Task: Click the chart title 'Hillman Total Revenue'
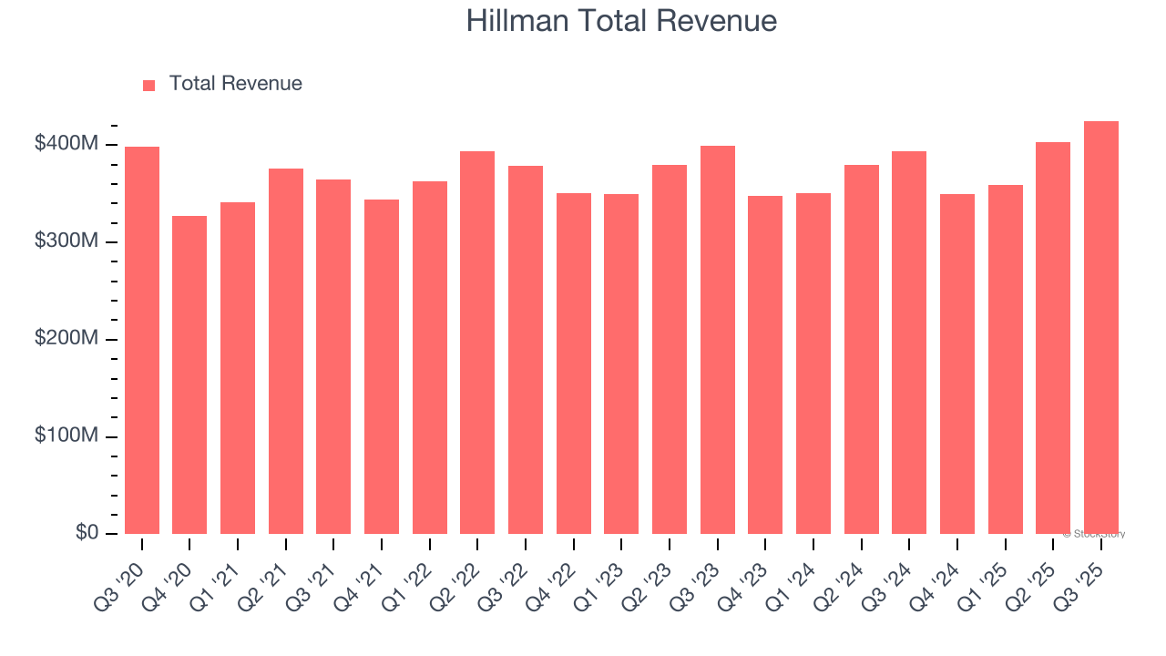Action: [x=621, y=21]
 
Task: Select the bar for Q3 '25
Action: [x=1100, y=328]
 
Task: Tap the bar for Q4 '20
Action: [x=189, y=374]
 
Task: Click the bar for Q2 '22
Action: [x=477, y=343]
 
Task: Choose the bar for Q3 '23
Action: [x=718, y=340]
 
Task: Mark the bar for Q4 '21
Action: [x=382, y=366]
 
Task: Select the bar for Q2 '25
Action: [x=1053, y=338]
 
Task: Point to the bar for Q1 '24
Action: [x=813, y=364]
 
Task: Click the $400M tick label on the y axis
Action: [x=66, y=144]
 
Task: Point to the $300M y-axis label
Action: [x=66, y=241]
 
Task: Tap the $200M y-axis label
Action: [x=66, y=339]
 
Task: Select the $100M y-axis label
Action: [x=66, y=436]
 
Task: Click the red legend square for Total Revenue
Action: [x=149, y=85]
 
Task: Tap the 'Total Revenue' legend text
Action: [x=235, y=84]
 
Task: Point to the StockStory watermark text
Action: [x=1094, y=534]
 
